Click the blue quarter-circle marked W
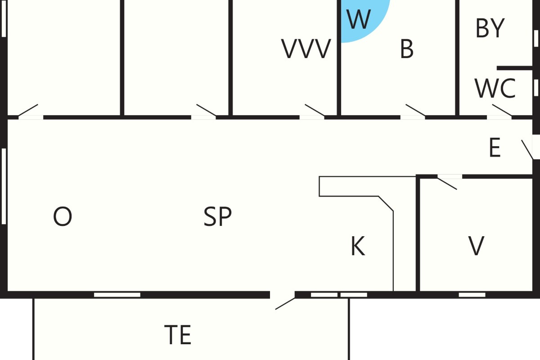(362, 19)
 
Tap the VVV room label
(306, 49)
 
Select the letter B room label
(407, 49)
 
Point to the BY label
(490, 28)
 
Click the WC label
(495, 89)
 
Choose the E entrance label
(495, 147)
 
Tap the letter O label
(63, 216)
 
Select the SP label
(217, 216)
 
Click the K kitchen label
(358, 246)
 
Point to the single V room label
(476, 246)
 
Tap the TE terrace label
(178, 335)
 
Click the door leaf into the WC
(502, 110)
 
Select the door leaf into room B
(415, 110)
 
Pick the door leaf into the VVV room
(315, 110)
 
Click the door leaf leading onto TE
(285, 304)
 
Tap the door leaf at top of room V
(447, 184)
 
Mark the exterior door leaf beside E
(527, 149)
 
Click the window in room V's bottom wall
(472, 295)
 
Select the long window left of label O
(4, 186)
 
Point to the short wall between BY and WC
(515, 68)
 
